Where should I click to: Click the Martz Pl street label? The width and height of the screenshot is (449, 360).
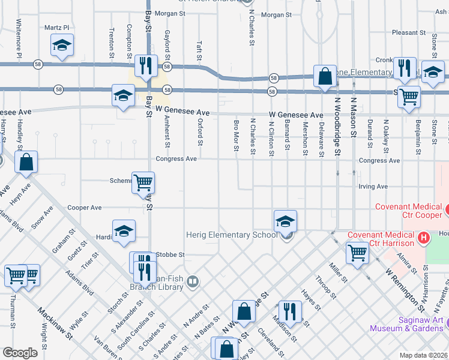click(57, 28)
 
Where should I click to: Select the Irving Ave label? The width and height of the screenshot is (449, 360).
click(373, 187)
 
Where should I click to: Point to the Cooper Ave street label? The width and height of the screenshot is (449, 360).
click(84, 208)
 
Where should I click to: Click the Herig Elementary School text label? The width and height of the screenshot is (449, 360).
click(231, 235)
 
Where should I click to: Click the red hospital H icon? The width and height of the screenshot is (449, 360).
click(424, 238)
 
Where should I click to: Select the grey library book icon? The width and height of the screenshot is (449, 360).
click(192, 281)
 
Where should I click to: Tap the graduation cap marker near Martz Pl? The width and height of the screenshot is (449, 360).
click(62, 46)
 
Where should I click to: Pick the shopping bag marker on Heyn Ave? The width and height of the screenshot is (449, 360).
click(26, 161)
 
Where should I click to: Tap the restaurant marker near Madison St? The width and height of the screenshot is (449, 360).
click(289, 310)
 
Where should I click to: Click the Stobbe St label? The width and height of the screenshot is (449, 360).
click(170, 254)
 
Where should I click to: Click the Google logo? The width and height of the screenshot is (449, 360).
click(20, 353)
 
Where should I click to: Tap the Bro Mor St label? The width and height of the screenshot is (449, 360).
click(237, 137)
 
